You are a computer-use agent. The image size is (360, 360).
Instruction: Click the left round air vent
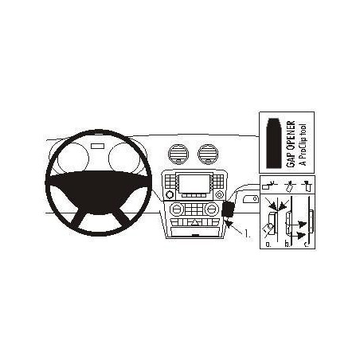tap(178, 155)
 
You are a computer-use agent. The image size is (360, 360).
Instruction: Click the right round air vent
tap(208, 155)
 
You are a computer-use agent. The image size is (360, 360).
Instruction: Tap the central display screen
tap(194, 183)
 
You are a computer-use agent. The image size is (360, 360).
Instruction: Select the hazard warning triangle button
tap(194, 222)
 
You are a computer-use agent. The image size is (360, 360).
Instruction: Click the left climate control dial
tap(177, 209)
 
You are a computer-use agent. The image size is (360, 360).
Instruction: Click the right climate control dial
tap(212, 209)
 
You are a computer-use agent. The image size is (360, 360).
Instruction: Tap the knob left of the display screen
tap(169, 194)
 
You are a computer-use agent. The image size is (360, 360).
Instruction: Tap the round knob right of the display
tap(219, 194)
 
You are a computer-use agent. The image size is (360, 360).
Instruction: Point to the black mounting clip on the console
tap(228, 209)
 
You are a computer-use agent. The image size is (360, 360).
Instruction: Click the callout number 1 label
tap(247, 233)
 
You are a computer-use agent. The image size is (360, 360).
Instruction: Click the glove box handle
tap(251, 199)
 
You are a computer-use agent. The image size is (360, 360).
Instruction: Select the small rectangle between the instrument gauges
tap(98, 146)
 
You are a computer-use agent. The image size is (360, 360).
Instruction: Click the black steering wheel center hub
tap(98, 192)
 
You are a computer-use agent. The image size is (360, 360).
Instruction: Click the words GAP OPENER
tap(291, 144)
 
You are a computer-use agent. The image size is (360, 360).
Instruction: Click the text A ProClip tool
tap(303, 144)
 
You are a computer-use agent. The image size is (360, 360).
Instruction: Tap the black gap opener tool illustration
tap(273, 143)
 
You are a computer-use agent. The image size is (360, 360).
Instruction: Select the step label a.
tap(268, 244)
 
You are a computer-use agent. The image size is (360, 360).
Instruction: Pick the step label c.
tap(307, 244)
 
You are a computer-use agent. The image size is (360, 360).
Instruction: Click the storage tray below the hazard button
tap(195, 232)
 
